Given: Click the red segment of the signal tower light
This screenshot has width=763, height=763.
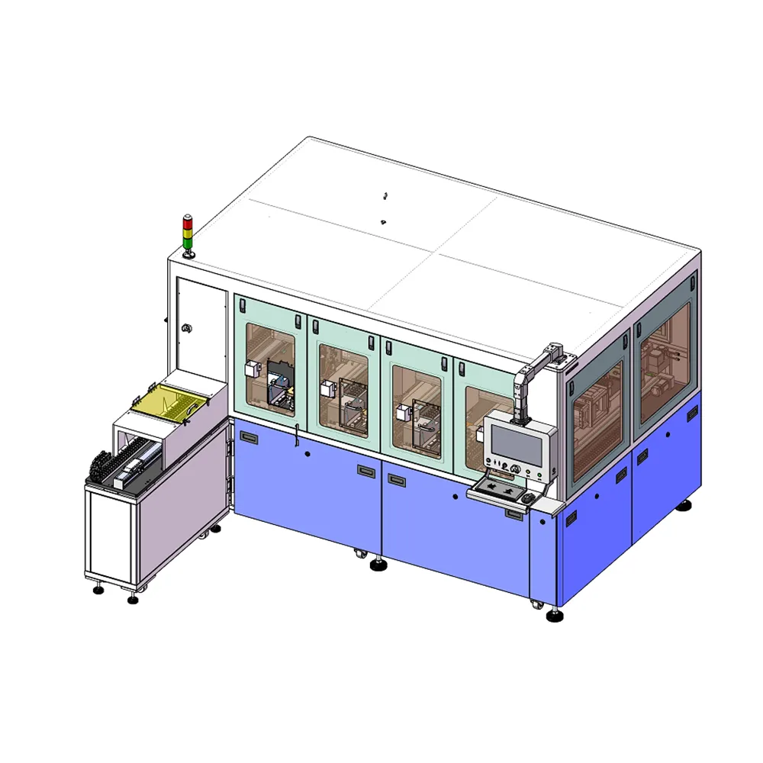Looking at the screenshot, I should click(187, 219).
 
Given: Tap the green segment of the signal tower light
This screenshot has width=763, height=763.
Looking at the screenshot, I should click(187, 240).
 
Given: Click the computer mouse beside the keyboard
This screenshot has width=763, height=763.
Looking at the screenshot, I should click(527, 498).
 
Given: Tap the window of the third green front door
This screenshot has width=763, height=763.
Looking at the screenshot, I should click(417, 408).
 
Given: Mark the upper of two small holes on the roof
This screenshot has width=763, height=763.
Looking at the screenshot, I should click(386, 195).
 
